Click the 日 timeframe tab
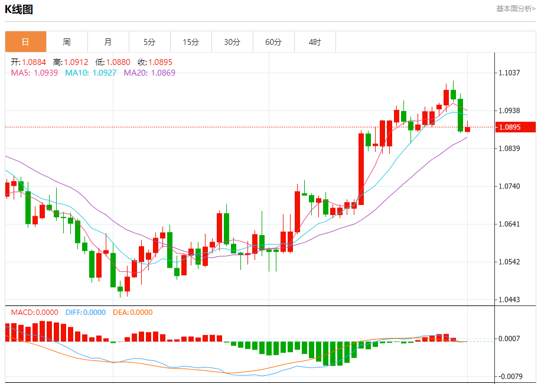pos(25,42)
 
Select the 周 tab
pos(67,42)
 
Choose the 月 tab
pos(108,42)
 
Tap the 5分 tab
pos(149,42)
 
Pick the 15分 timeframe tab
pos(191,42)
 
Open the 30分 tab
pos(232,42)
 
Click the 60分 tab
pos(273,42)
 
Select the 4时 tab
pos(315,42)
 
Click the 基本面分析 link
pos(516,9)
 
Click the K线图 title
pos(19,9)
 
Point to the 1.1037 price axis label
pos(509,73)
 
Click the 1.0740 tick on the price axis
pos(509,186)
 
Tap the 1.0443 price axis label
pos(509,300)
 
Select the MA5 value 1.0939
pos(45,73)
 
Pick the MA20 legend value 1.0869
pos(163,73)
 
